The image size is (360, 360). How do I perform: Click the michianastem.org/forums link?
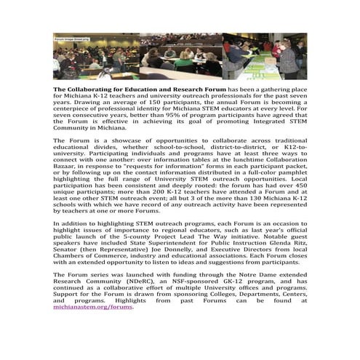(x=93, y=308)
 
